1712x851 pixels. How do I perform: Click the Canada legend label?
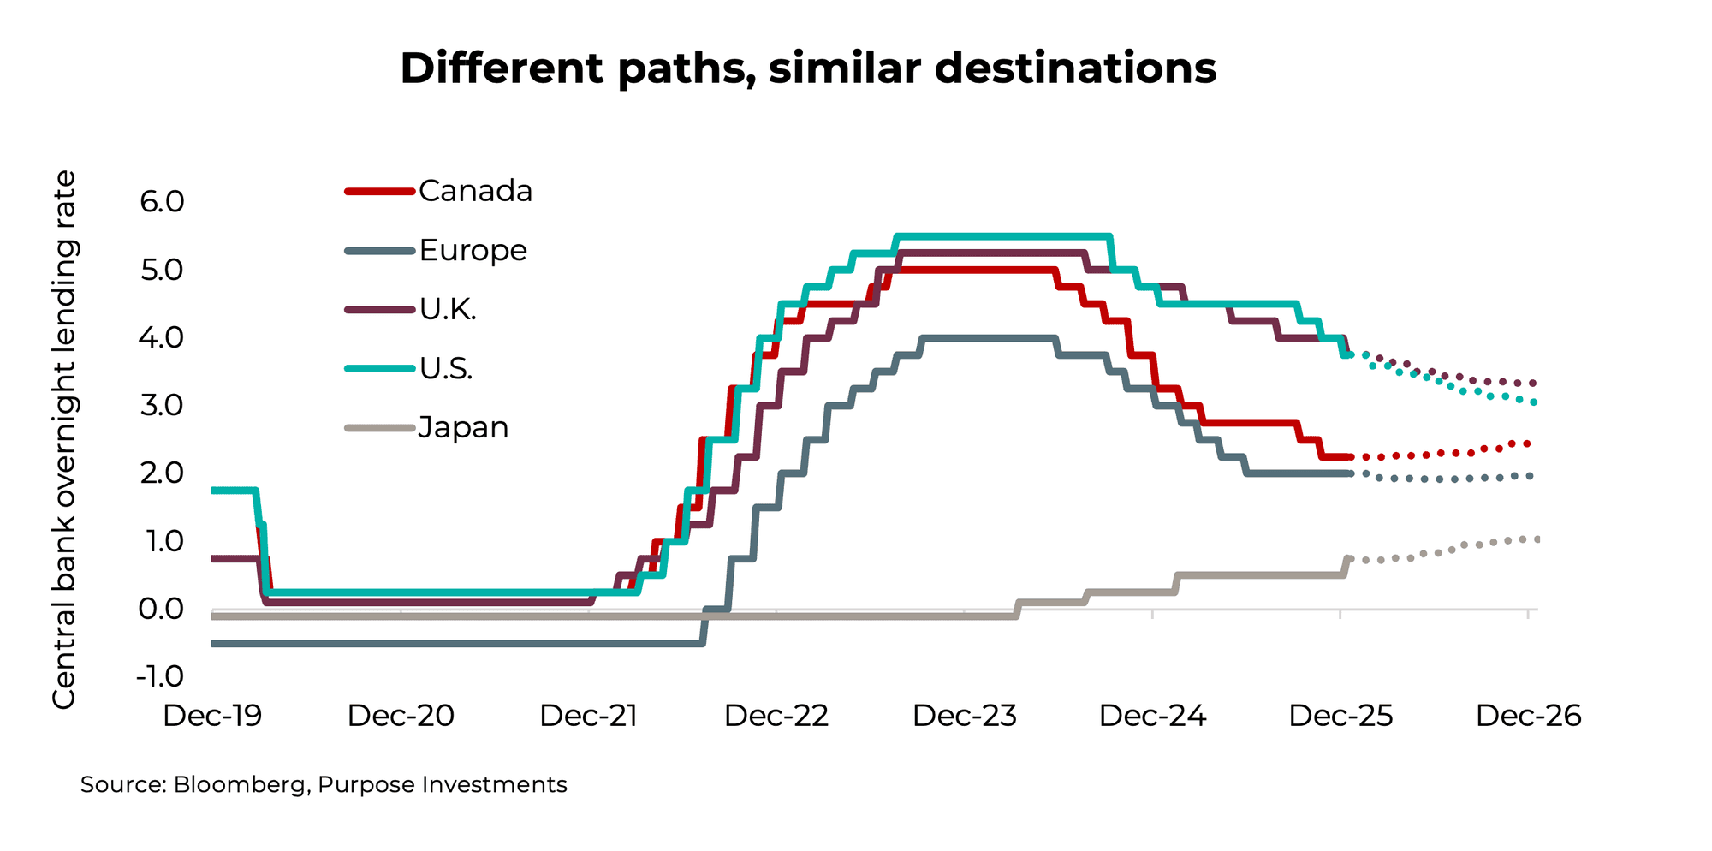pos(475,191)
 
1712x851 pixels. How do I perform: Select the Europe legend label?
pos(473,251)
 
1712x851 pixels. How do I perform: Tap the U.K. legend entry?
pos(448,309)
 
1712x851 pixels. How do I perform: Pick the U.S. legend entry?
pos(446,369)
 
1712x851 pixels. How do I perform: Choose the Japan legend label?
pos(463,427)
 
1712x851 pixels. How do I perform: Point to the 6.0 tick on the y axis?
pos(162,202)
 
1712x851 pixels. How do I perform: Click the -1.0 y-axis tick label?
pos(160,676)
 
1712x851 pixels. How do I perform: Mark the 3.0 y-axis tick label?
pos(162,405)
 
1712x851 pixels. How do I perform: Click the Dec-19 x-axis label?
pos(212,716)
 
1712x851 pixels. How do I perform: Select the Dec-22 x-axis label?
pos(776,716)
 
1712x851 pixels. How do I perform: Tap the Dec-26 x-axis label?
pos(1528,716)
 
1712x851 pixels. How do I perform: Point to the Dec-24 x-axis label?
pos(1152,716)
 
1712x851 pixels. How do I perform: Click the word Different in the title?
pos(502,68)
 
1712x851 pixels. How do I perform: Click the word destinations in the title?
pos(1075,68)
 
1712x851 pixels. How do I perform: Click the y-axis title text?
pos(64,439)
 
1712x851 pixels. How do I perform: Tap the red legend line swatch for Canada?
pos(379,192)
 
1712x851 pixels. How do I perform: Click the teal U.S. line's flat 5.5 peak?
pos(1002,236)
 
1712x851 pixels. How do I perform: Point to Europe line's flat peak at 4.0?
pos(989,338)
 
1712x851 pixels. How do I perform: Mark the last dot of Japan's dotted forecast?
pos(1537,539)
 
